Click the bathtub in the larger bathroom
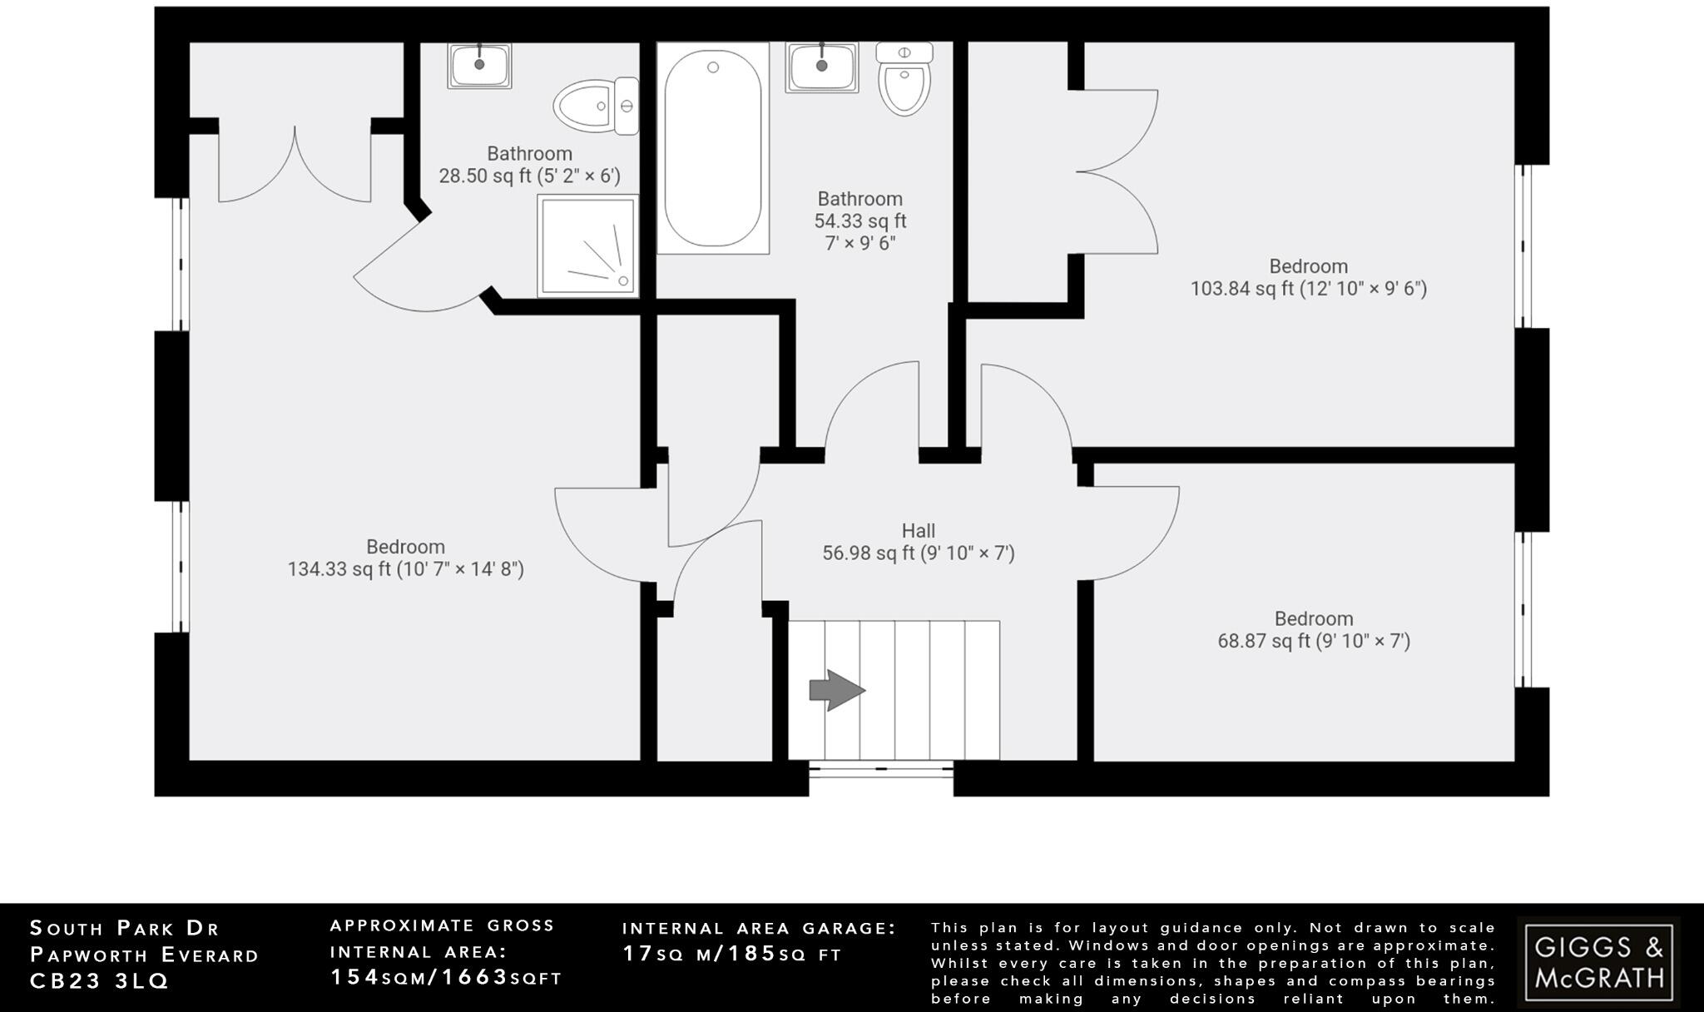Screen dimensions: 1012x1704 point(712,150)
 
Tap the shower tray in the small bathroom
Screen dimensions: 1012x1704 point(587,246)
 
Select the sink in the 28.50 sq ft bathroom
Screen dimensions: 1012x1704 point(479,66)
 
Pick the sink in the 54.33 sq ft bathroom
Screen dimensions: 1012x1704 point(821,67)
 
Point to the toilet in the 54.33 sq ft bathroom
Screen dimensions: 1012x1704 point(904,81)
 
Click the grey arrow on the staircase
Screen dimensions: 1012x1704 point(837,690)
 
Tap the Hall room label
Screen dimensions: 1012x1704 point(919,531)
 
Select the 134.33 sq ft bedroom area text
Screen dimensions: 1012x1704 point(405,569)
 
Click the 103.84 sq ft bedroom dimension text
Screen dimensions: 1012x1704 point(1308,289)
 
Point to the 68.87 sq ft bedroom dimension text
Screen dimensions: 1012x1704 point(1314,641)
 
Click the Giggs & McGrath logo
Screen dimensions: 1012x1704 point(1598,961)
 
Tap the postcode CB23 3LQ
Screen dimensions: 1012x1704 point(100,982)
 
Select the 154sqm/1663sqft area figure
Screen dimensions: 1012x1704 point(446,977)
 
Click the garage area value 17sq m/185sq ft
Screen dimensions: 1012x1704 point(732,954)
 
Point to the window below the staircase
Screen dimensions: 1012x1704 point(881,769)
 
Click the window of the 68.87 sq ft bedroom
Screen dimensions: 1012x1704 point(1523,610)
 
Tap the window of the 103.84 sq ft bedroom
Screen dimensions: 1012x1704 point(1523,246)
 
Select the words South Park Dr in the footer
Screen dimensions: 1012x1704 point(125,928)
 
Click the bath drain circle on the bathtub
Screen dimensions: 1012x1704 point(713,67)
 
